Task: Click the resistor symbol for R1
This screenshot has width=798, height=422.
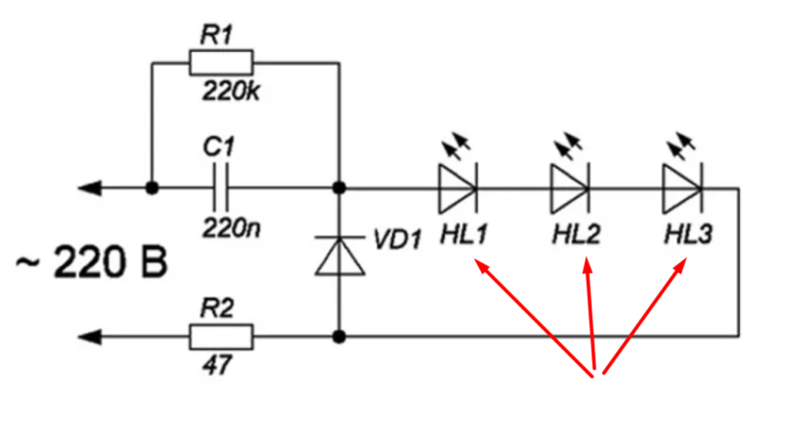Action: pos(220,64)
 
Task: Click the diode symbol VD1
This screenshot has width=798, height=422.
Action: pos(339,254)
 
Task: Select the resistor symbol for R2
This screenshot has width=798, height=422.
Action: pos(220,336)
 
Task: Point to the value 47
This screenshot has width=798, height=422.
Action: pos(217,367)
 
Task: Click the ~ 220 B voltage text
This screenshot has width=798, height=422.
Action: pos(91,265)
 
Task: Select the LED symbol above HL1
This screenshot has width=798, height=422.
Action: pos(457,186)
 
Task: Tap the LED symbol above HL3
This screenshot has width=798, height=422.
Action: pos(682,186)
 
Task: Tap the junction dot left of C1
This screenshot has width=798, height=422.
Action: pos(152,187)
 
